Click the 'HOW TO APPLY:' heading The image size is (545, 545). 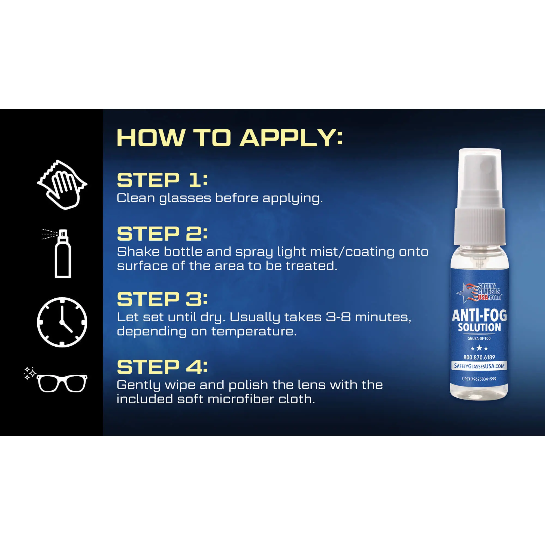[230, 138]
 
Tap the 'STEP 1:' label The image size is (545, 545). [162, 180]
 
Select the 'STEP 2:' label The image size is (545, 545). [162, 234]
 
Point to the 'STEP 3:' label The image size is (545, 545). [162, 299]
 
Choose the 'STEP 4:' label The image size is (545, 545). [162, 367]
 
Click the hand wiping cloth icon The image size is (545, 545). [62, 185]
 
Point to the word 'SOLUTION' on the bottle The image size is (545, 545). [479, 328]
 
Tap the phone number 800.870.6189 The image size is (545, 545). [479, 358]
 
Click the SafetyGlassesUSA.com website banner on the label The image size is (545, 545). [479, 366]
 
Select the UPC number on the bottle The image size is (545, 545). [479, 379]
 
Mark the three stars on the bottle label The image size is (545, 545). [479, 348]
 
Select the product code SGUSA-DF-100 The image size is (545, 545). [479, 338]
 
